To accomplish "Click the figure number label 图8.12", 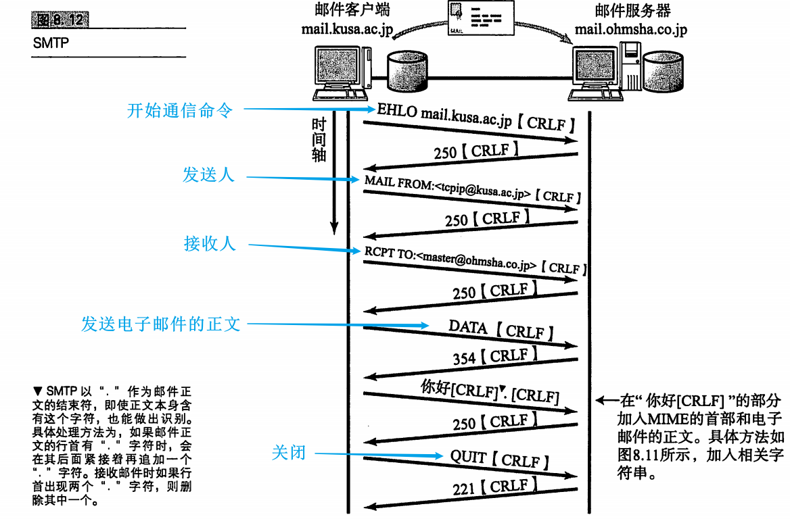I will [60, 20].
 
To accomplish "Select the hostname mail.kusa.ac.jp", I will [347, 29].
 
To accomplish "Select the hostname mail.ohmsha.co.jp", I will [631, 29].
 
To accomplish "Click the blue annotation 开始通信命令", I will [180, 109].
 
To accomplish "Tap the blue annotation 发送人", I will [208, 175].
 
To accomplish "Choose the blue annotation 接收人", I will [210, 244].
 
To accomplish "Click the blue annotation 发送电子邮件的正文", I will [161, 324].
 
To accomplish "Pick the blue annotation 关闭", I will [289, 453].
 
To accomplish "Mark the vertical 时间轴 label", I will [319, 141].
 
